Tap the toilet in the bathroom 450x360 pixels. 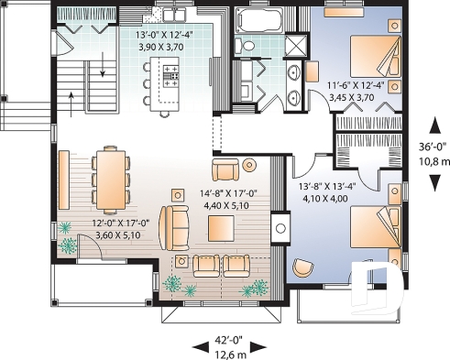[x=241, y=46]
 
